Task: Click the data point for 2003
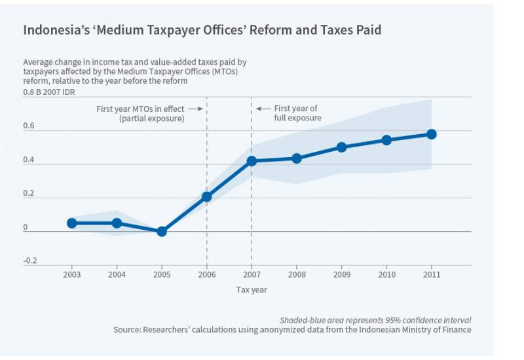point(72,223)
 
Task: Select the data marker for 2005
point(162,231)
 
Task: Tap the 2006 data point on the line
point(207,196)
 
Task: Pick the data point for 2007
point(252,161)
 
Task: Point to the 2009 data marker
point(341,147)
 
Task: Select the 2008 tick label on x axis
point(297,274)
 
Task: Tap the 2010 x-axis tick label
point(386,274)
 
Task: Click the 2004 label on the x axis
point(117,274)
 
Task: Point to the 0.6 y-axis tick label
point(29,127)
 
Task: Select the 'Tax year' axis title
point(252,290)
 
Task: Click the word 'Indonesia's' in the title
point(54,30)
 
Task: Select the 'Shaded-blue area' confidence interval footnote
point(375,320)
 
